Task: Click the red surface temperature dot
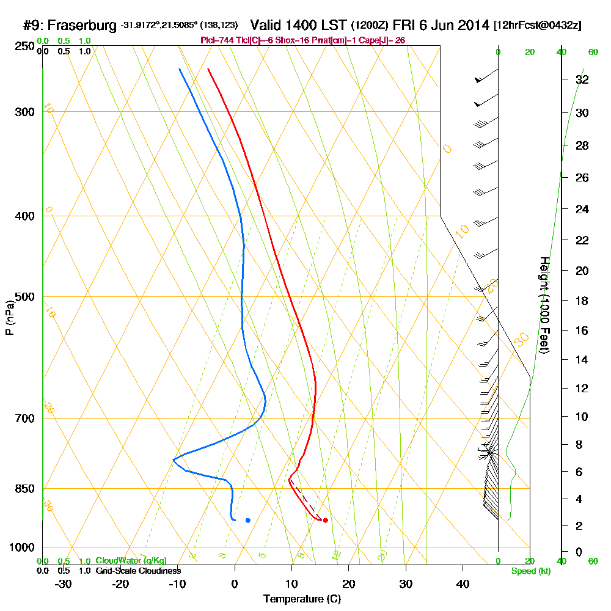click(x=325, y=521)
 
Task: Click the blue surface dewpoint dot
click(x=247, y=521)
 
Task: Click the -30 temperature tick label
click(x=64, y=584)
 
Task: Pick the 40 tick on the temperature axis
click(x=463, y=584)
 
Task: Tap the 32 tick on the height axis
click(x=582, y=79)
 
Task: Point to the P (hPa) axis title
click(x=9, y=317)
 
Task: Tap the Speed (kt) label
click(x=529, y=571)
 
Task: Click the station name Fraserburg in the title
click(x=82, y=26)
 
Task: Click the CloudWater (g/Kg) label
click(x=130, y=561)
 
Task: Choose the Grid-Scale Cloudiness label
click(x=137, y=571)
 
